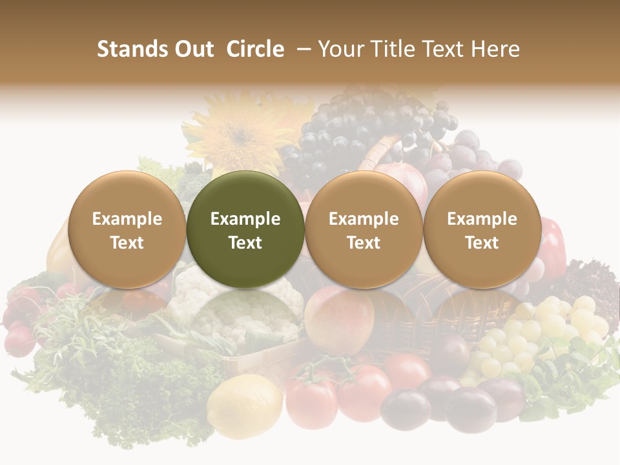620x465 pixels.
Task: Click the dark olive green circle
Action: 245,229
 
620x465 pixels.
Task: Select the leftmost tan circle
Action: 127,229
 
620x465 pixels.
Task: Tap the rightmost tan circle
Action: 482,229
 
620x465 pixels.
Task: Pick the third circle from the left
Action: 364,229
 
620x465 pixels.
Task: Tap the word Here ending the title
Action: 496,49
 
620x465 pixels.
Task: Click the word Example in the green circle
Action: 245,219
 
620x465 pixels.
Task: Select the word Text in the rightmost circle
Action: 482,242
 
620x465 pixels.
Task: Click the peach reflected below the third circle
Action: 342,316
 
